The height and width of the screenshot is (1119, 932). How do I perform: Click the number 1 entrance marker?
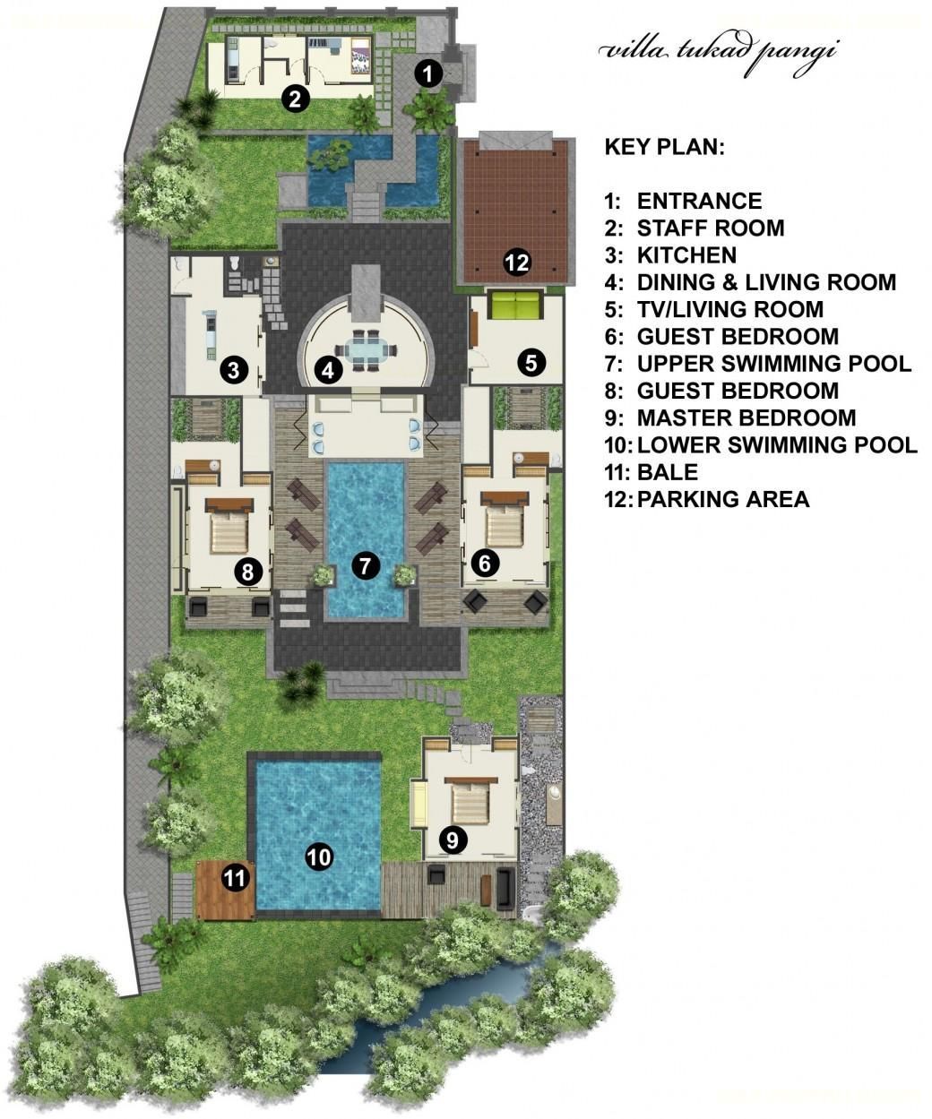tap(428, 73)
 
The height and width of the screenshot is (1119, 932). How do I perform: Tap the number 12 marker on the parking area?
tap(517, 263)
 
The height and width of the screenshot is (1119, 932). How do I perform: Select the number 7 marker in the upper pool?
tap(366, 564)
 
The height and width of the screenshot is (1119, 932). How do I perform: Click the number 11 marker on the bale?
tap(235, 878)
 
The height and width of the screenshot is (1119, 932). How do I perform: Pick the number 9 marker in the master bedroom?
tap(453, 840)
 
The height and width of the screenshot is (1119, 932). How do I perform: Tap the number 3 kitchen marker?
tap(234, 370)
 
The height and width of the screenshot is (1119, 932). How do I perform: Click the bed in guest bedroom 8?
tap(229, 529)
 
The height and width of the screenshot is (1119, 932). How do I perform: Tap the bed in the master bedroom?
tap(470, 802)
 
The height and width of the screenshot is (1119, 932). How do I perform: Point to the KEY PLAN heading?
tap(664, 147)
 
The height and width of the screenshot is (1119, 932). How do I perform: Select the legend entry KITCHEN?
tap(686, 255)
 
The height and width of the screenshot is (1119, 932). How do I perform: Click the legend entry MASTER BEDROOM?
tap(746, 418)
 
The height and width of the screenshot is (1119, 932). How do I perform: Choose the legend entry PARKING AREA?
tap(723, 500)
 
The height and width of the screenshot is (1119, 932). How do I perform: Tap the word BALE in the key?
tap(668, 472)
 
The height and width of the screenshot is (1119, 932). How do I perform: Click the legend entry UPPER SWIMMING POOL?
tap(774, 364)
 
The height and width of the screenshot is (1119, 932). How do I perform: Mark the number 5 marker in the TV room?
tap(531, 362)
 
